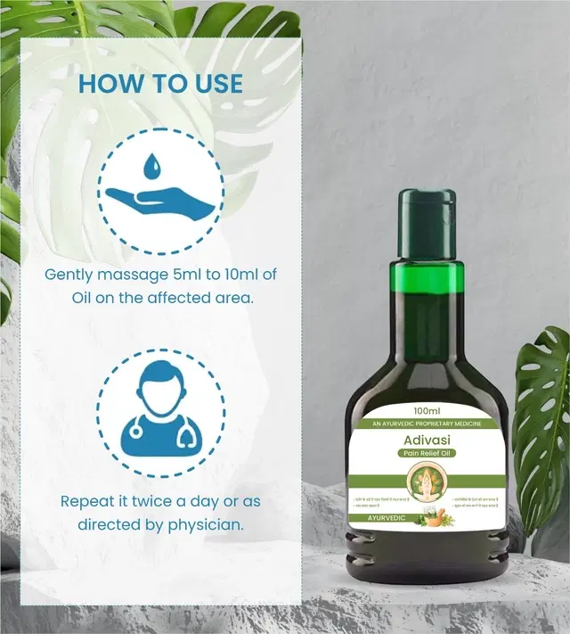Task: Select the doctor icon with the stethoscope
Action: tap(160, 411)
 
